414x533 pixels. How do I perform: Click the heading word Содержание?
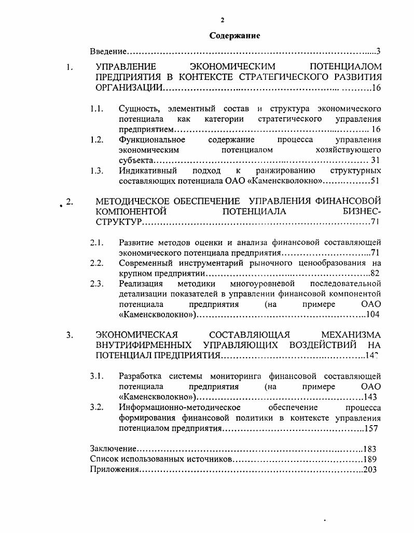(x=234, y=36)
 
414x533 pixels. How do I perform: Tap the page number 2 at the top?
(x=222, y=20)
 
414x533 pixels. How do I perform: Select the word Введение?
(x=108, y=51)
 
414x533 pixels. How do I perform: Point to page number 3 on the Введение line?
(x=379, y=51)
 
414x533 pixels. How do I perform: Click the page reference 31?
(x=376, y=160)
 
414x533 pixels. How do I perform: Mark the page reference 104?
(x=374, y=315)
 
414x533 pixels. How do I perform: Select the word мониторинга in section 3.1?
(x=240, y=376)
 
